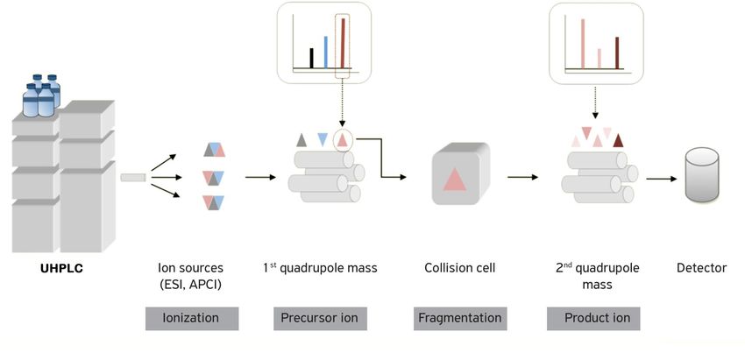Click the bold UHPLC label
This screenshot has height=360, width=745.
point(61,268)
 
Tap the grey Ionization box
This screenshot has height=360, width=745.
point(192,318)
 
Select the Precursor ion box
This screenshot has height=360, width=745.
point(320,318)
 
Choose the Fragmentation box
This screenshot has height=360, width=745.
point(460,318)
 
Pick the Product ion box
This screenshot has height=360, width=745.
point(593,318)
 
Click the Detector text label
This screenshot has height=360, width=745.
point(701,268)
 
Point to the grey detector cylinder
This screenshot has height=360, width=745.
point(702,175)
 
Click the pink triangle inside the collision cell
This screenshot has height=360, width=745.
point(455,180)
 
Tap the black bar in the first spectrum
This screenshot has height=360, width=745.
point(312,58)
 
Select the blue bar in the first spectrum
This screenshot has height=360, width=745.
point(326,53)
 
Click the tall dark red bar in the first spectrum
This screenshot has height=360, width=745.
point(343,43)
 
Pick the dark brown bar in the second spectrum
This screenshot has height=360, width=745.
point(617,53)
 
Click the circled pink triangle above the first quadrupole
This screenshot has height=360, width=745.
point(343,140)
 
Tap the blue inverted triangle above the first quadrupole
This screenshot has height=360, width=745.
point(323,139)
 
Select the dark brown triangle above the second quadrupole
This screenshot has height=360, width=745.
point(618,140)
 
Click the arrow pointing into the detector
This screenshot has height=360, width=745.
point(662,179)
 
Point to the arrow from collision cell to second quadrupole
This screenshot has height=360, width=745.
point(522,177)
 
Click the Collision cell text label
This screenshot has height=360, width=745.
point(460,268)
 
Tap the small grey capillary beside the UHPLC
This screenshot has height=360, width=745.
point(133,177)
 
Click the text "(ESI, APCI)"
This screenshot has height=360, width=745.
point(190,286)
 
